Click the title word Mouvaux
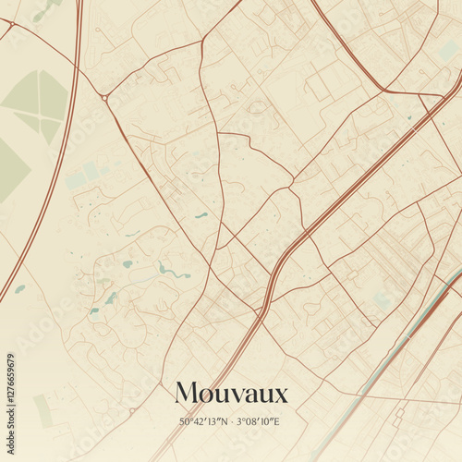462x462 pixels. (x=231, y=394)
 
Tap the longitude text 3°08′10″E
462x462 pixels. (x=257, y=422)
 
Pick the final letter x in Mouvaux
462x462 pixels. (x=281, y=395)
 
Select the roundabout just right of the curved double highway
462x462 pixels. (x=104, y=97)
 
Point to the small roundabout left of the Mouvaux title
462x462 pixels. (x=132, y=410)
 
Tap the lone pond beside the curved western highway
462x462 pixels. (x=19, y=288)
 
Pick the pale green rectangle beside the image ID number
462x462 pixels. (x=43, y=409)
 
